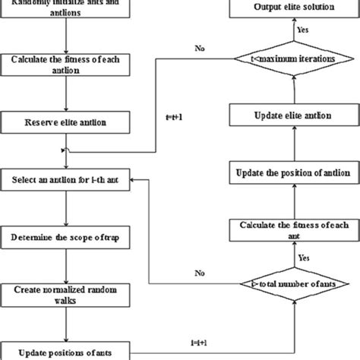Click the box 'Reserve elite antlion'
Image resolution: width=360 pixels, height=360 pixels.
pos(68,122)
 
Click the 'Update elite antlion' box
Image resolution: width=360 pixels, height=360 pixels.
pos(292,116)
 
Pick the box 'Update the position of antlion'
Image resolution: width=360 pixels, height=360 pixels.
pos(292,172)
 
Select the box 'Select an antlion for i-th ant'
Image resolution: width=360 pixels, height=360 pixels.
pos(68,181)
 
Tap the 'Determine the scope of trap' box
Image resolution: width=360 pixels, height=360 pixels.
pos(68,237)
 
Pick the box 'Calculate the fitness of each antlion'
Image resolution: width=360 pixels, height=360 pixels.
pos(68,63)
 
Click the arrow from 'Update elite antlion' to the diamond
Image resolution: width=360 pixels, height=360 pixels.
pos(292,90)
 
